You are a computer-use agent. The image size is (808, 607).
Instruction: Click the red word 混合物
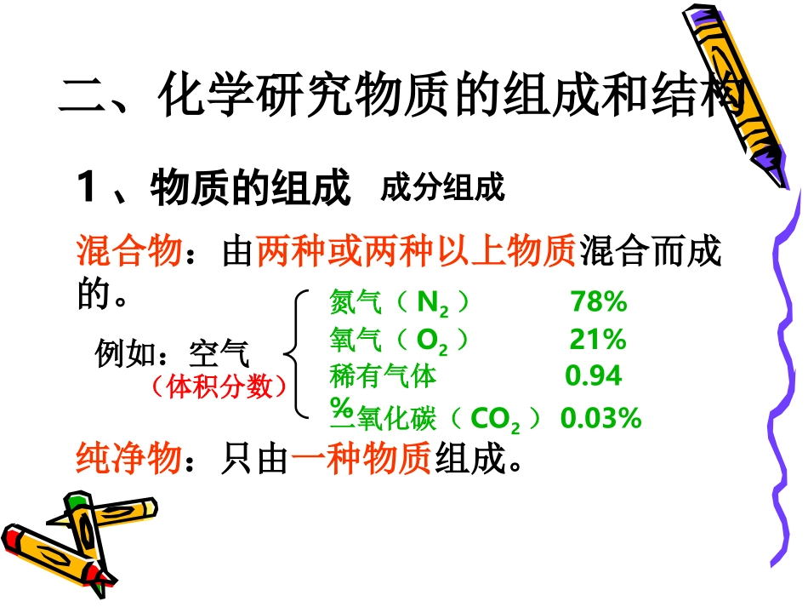[x=128, y=252]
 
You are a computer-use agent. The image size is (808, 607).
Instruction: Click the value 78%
[x=599, y=301]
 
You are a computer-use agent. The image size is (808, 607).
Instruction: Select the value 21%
[x=597, y=340]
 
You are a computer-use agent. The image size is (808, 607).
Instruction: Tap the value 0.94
[x=594, y=375]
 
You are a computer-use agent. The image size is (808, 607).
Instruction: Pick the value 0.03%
[x=600, y=418]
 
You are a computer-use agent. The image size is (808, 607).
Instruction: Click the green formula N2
[x=432, y=303]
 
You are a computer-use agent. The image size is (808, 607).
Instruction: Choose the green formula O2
[x=432, y=341]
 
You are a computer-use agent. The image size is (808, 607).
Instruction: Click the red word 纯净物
[x=128, y=460]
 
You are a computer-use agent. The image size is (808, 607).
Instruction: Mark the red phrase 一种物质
[x=361, y=460]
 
